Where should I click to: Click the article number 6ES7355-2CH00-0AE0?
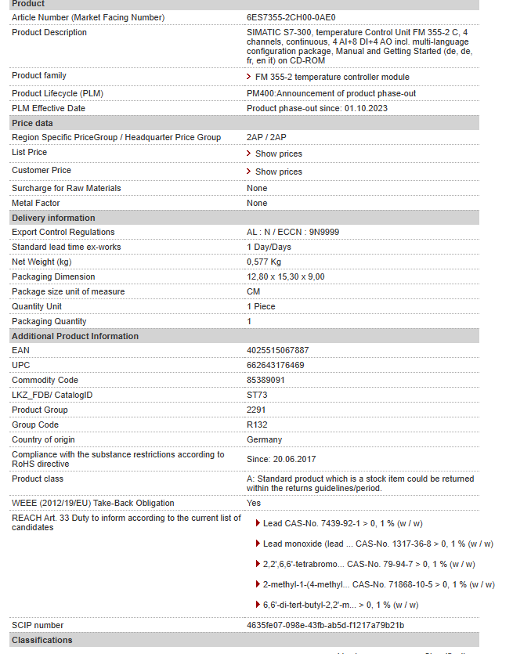click(x=291, y=17)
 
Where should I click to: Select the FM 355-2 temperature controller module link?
click(x=332, y=77)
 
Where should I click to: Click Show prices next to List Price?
click(x=278, y=154)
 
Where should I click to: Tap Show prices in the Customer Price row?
click(x=278, y=172)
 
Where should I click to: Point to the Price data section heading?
click(x=33, y=123)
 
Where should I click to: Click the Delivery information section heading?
click(x=53, y=218)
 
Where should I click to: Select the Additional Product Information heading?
click(x=75, y=336)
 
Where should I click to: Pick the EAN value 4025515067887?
click(x=278, y=350)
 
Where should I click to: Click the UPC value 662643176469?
click(x=276, y=365)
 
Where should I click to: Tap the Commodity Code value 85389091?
click(x=266, y=380)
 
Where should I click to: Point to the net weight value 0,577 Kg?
click(x=264, y=262)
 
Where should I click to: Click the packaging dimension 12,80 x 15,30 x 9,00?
click(x=286, y=276)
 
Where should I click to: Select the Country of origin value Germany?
click(x=265, y=439)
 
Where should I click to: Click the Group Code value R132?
click(x=258, y=425)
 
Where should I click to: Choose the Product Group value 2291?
click(x=256, y=410)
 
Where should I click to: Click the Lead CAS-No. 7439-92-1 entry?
click(x=342, y=523)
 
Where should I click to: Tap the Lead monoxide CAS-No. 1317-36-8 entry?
click(x=377, y=544)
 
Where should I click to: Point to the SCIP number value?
click(x=325, y=625)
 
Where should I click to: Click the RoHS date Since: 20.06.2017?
click(x=282, y=459)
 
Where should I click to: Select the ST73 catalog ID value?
click(x=257, y=395)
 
